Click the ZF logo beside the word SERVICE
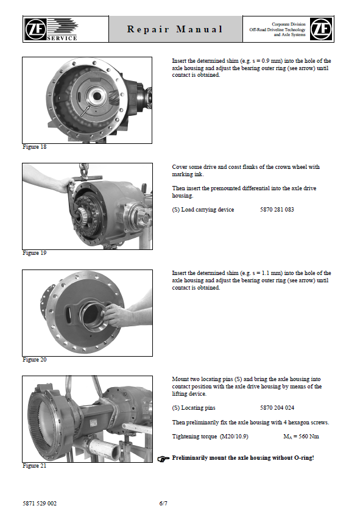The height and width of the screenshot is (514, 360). pos(35,29)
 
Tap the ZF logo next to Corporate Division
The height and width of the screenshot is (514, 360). pos(321,29)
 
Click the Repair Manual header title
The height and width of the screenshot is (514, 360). pos(175,29)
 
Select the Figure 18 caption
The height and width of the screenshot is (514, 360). pos(34,147)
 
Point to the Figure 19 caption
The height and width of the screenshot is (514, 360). pos(34,253)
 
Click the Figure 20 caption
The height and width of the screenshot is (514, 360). pos(34,360)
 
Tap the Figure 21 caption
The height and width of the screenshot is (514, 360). pos(34,465)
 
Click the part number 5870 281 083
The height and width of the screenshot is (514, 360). pos(277,210)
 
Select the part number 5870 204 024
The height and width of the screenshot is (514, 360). pos(277,407)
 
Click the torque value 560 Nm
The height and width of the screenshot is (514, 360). pos(309,437)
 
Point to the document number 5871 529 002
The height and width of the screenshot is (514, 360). pos(40,503)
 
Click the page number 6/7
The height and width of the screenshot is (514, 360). pos(163,503)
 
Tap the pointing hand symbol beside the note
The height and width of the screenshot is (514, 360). pos(163,459)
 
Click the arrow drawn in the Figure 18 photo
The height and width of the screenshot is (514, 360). pos(85,111)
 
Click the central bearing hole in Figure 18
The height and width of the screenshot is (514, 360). pos(97,96)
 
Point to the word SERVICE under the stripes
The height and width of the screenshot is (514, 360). pos(62,38)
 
